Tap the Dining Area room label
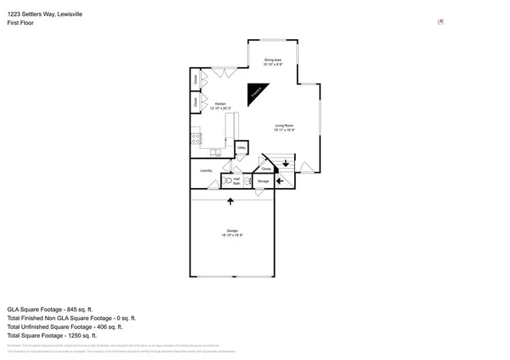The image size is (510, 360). click(274, 61)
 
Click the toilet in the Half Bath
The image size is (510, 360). click(227, 181)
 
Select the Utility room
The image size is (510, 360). click(241, 147)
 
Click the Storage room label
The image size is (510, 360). click(263, 182)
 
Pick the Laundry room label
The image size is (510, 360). click(206, 170)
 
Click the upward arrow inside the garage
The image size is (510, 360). click(230, 202)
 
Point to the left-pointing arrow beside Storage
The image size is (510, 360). click(279, 181)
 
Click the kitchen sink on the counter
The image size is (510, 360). click(216, 151)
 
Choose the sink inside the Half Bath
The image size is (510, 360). click(247, 181)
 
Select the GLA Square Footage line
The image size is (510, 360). click(50, 309)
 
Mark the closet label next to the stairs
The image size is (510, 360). click(266, 169)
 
